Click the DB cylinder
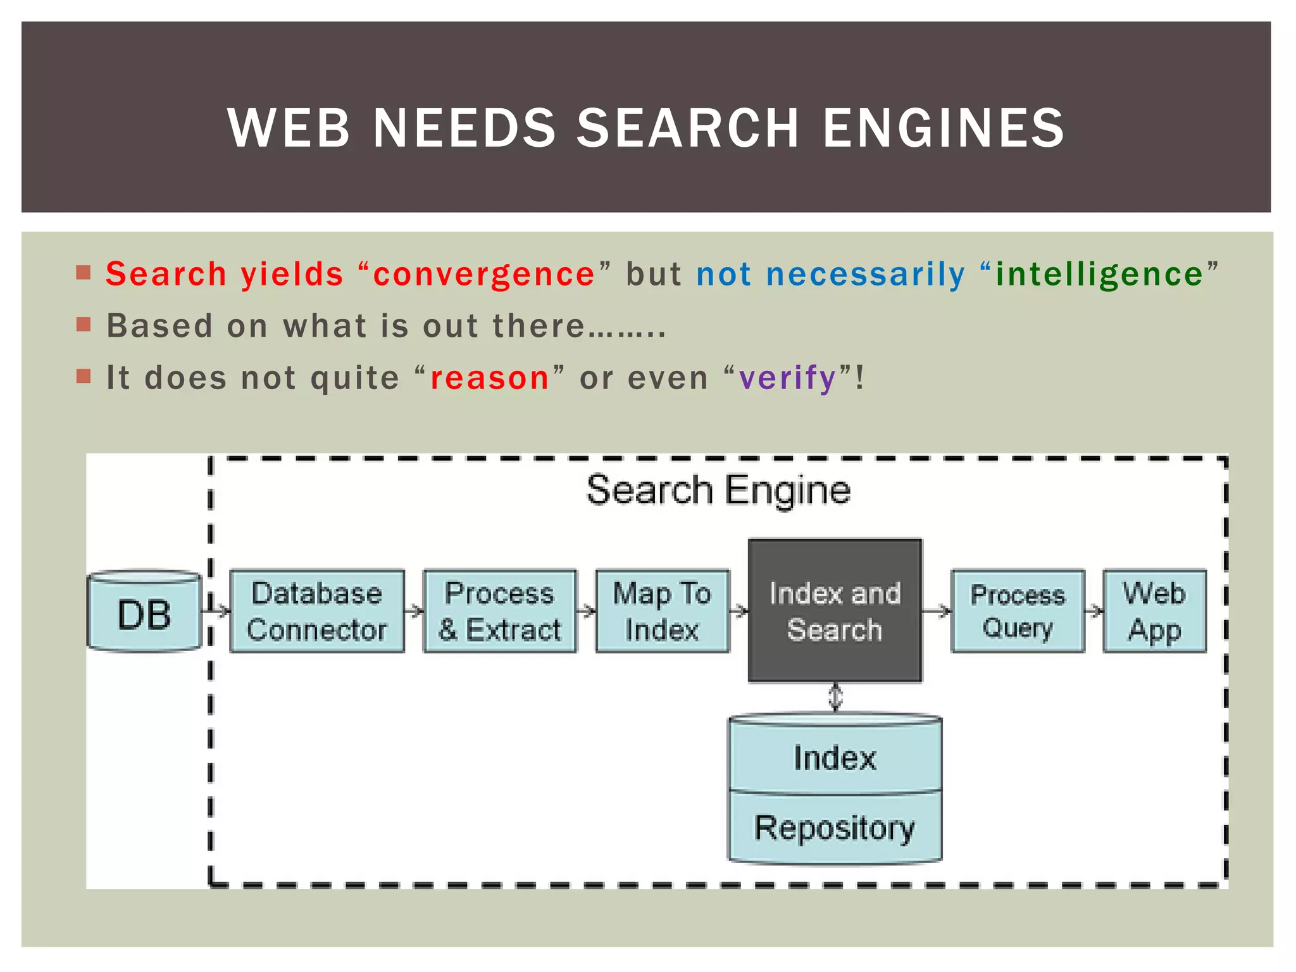(144, 612)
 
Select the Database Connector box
(316, 611)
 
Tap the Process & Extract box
(499, 611)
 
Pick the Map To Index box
(662, 611)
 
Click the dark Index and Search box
(835, 611)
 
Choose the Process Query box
(1018, 611)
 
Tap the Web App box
(1154, 611)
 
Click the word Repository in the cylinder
(835, 828)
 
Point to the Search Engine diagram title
(718, 490)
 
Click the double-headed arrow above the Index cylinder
(835, 697)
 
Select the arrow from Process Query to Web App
(1094, 611)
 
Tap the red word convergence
(484, 275)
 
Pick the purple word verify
(788, 378)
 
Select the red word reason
(490, 378)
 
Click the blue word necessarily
(866, 275)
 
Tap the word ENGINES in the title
(944, 128)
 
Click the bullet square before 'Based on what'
(84, 325)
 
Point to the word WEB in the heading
(289, 128)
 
